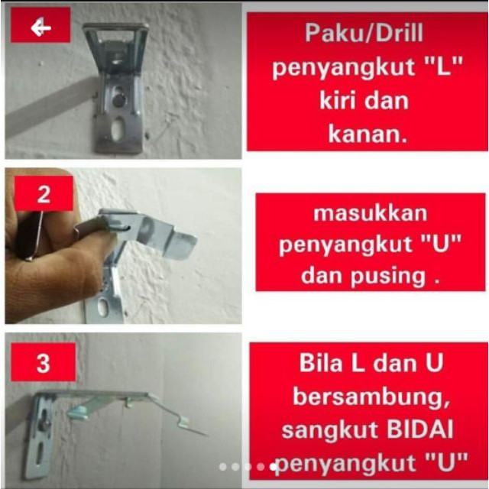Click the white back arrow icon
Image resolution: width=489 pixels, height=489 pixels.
[x=40, y=28]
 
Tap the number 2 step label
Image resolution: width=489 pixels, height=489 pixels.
[x=44, y=194]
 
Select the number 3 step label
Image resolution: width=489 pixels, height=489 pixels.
[x=43, y=363]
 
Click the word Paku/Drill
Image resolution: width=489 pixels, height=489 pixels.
[x=364, y=33]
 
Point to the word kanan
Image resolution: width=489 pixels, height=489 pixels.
[x=368, y=134]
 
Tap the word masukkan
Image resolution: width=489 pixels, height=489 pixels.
[x=370, y=213]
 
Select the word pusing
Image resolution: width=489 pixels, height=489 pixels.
[x=387, y=277]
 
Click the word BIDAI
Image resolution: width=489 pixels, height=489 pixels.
[x=419, y=429]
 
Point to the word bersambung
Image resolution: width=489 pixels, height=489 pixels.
[x=371, y=397]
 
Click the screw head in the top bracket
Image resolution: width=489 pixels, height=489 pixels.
[x=119, y=99]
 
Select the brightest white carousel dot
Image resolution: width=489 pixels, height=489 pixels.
[x=274, y=467]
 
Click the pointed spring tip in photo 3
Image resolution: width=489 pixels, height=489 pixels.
[x=206, y=435]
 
